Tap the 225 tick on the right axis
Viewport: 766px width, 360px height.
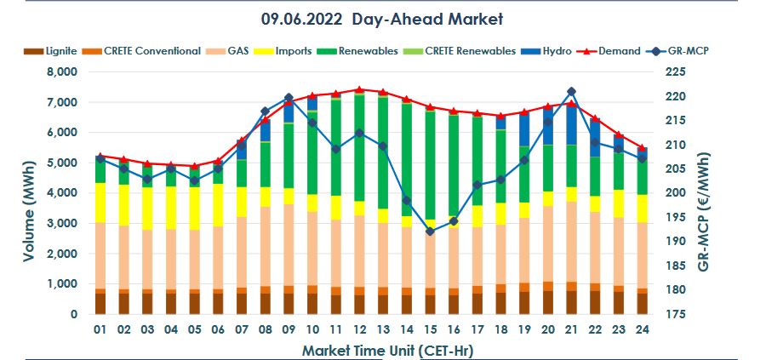click(x=674, y=72)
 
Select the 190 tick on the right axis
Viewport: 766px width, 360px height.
click(x=674, y=242)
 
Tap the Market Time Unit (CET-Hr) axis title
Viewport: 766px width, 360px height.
click(x=372, y=349)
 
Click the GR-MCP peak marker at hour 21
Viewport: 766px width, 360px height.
click(x=571, y=91)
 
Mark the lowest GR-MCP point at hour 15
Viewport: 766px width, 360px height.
click(x=430, y=231)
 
